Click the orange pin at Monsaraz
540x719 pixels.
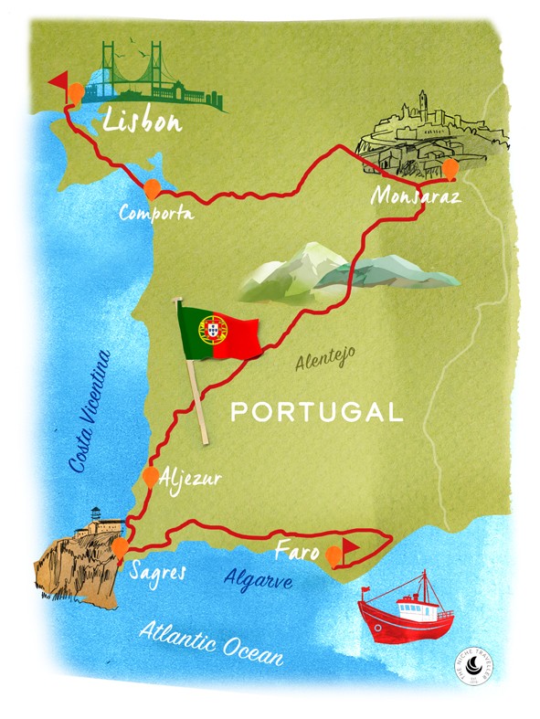point(450,168)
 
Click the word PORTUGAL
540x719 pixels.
point(317,411)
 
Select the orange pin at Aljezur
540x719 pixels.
point(150,476)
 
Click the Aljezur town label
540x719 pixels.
point(193,477)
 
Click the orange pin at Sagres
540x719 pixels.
point(120,548)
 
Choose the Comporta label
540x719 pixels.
point(156,213)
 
